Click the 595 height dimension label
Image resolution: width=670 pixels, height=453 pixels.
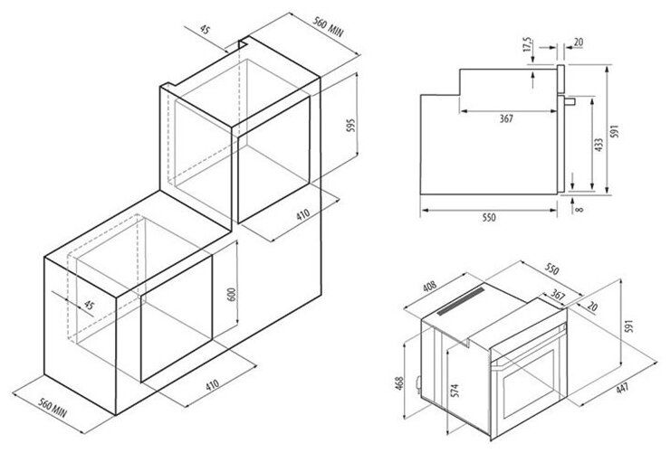coord(350,126)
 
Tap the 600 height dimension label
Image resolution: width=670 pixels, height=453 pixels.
coord(231,295)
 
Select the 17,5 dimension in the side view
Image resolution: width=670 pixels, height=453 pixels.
coord(528,45)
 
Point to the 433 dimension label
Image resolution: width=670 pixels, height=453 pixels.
coord(598,145)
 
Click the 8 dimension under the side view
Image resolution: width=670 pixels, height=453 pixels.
coord(579,210)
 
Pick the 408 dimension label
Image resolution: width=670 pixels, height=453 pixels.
coord(429,286)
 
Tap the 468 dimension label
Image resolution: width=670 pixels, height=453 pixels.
coord(399,384)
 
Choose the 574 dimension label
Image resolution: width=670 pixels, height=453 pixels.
coord(455,391)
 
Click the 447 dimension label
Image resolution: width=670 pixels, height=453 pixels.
coord(622,389)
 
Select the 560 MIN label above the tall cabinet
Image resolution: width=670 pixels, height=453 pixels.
coord(328,26)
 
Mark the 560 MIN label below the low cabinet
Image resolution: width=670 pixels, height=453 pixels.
coord(53,408)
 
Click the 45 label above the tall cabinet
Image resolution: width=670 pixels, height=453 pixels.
coord(206,30)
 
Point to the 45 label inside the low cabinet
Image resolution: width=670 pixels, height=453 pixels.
coord(89,305)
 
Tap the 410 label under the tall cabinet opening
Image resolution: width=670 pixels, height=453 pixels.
coord(303,214)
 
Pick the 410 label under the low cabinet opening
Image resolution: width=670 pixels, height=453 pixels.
coord(213,385)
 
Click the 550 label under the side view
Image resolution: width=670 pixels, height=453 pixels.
coord(489,217)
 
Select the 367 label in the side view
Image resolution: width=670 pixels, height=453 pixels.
coord(506,118)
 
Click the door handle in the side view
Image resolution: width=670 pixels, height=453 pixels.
coord(569,101)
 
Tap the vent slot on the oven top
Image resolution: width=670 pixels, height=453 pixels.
coord(461,301)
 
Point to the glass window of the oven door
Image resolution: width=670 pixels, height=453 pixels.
coord(529,382)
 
